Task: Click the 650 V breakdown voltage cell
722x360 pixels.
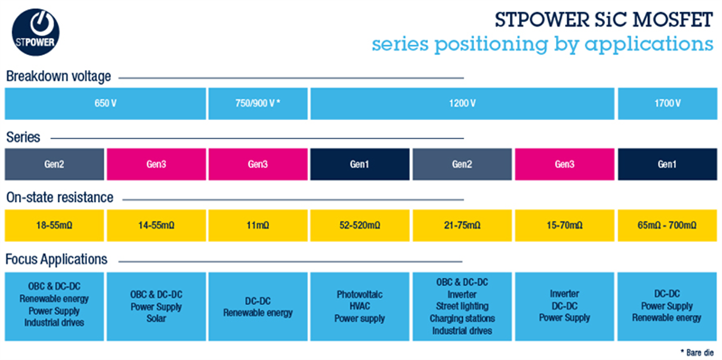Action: tap(106, 104)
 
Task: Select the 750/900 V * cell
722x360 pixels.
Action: tap(258, 104)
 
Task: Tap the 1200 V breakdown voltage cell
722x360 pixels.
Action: tap(462, 104)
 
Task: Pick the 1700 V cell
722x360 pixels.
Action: tap(666, 104)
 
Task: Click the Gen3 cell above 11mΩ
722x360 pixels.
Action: tap(258, 164)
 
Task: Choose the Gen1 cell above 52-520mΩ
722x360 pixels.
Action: tap(360, 164)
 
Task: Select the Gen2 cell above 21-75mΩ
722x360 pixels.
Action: tap(462, 164)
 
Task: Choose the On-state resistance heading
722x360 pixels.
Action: tap(59, 197)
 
